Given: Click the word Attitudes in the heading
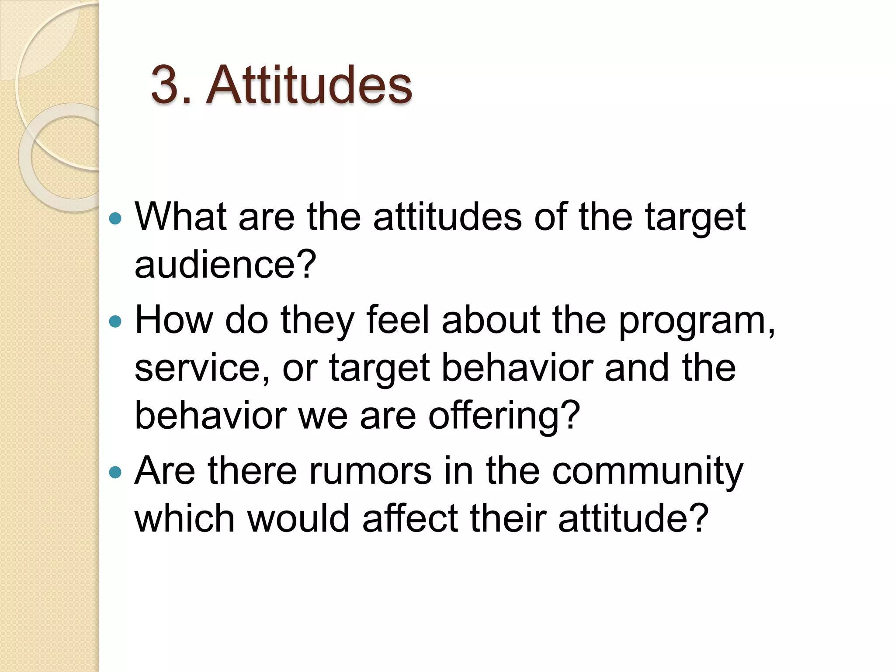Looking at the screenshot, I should coord(309,84).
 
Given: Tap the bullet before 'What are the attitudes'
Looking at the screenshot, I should coord(115,218).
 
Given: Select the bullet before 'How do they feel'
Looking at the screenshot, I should coord(115,322).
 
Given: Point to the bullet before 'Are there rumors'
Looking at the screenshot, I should coord(115,472).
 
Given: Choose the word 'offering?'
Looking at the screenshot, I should coord(504,415).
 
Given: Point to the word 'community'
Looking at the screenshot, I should coord(647,472).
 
